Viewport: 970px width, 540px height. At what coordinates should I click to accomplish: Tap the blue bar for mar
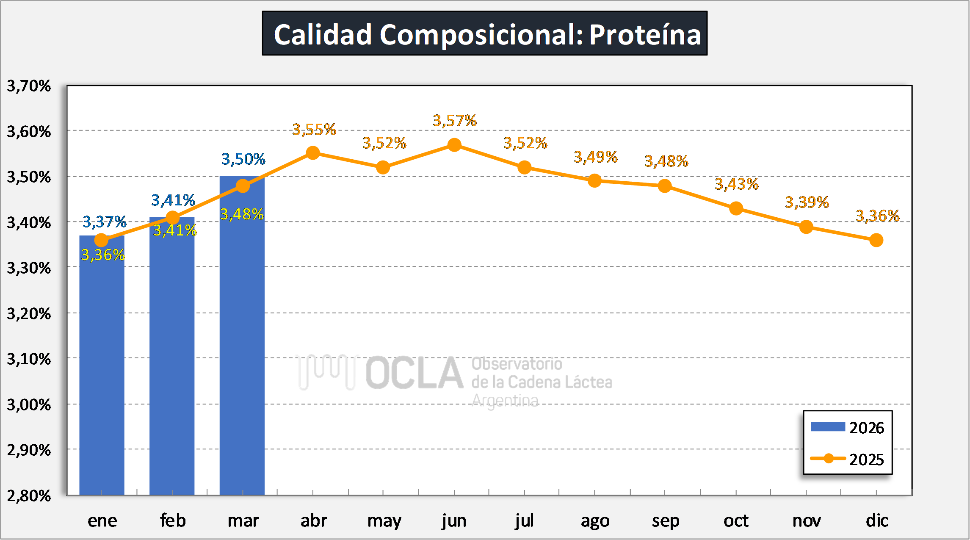242,339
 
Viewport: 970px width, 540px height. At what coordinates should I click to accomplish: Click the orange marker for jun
454,145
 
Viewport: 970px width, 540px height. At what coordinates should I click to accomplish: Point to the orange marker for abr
313,153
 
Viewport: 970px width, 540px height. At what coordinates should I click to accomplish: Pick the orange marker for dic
876,241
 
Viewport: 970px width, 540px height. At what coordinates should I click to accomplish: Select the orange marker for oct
736,208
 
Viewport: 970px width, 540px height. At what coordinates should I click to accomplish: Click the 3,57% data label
454,121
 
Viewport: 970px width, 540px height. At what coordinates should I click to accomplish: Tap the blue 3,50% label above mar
243,159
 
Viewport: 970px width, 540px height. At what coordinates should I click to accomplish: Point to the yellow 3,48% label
242,214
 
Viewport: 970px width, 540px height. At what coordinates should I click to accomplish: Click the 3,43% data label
736,184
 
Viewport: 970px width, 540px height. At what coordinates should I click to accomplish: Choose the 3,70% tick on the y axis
29,86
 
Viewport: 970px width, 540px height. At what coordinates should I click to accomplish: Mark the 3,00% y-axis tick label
29,405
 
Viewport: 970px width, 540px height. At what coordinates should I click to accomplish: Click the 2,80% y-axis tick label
29,496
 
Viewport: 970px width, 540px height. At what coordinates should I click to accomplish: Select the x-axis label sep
665,521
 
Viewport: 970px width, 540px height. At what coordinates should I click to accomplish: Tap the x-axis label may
384,521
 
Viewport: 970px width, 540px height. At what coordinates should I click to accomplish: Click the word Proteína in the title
645,34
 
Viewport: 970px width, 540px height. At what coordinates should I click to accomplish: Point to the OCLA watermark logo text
414,373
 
